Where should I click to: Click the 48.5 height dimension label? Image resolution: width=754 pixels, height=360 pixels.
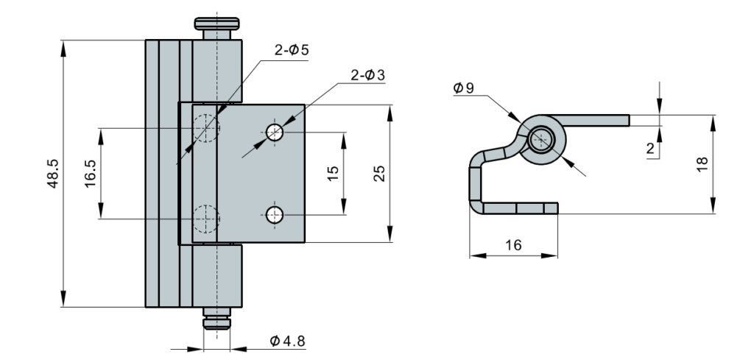tap(53, 174)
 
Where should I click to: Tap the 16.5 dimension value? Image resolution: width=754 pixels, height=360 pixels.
tap(91, 174)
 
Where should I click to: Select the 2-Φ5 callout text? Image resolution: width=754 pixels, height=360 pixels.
tap(292, 50)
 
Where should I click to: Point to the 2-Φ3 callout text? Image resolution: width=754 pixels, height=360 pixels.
tap(368, 75)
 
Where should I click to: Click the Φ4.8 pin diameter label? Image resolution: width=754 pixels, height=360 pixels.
tap(287, 342)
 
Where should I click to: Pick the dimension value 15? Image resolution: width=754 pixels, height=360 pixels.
tap(333, 174)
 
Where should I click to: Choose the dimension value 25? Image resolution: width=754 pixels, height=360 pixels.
tap(379, 174)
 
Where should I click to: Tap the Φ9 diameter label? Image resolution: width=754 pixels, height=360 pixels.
tap(464, 88)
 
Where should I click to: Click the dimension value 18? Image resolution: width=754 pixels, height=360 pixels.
tap(702, 164)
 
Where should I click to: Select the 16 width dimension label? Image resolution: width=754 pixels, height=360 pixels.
tap(513, 245)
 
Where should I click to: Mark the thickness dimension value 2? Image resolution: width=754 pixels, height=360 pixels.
tap(651, 149)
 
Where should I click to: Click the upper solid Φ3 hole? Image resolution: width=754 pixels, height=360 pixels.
tap(275, 132)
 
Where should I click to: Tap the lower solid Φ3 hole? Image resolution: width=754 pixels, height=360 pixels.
tap(275, 215)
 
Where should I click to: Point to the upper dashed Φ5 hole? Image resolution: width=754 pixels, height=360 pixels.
tap(206, 128)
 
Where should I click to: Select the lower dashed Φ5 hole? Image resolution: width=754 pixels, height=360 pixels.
tap(206, 219)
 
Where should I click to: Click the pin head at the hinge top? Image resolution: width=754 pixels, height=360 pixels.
tap(217, 24)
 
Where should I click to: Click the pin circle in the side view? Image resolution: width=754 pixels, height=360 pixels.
tap(541, 140)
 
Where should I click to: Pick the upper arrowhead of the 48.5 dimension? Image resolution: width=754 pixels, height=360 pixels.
tap(63, 49)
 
